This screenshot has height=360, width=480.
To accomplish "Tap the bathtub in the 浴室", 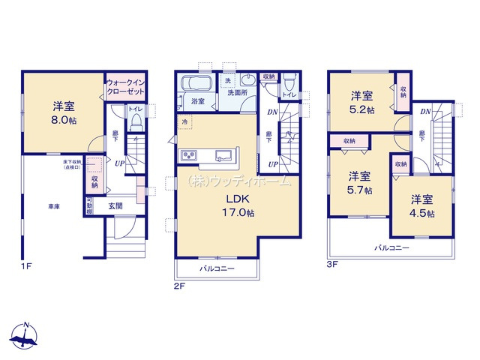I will click(199, 83).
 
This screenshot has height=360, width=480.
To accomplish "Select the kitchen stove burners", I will click(188, 156).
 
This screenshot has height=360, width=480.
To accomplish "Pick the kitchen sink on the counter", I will click(223, 156).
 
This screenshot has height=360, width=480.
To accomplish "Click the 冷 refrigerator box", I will click(184, 121).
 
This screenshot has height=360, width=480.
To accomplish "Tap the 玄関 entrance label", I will click(115, 205).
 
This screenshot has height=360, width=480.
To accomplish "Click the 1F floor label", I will click(27, 265).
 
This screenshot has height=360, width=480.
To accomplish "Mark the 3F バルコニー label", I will click(391, 247).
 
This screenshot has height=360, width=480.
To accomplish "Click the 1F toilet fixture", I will click(135, 123).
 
